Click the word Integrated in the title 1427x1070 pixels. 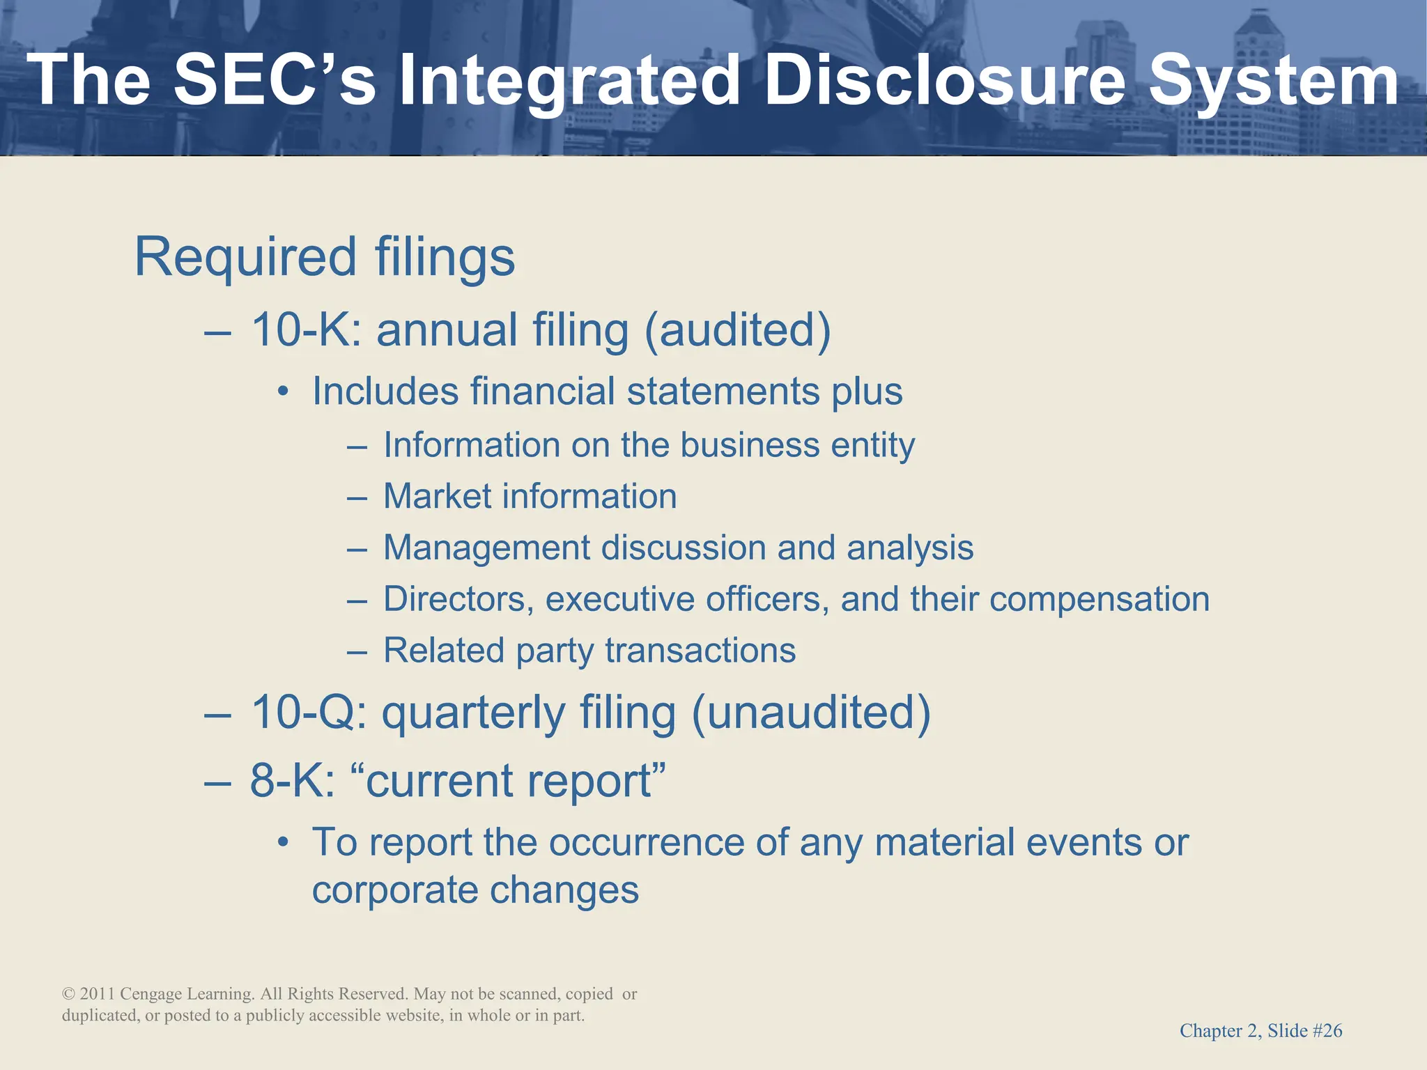(x=568, y=82)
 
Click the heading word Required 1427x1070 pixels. (x=246, y=257)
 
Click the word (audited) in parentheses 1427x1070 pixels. (x=738, y=329)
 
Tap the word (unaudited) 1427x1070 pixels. (x=810, y=713)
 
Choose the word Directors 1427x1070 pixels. (x=458, y=599)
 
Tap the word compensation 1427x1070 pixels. (x=1099, y=599)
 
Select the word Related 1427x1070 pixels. (x=444, y=651)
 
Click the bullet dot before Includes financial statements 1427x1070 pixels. (x=282, y=392)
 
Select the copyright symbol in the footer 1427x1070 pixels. (x=68, y=994)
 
